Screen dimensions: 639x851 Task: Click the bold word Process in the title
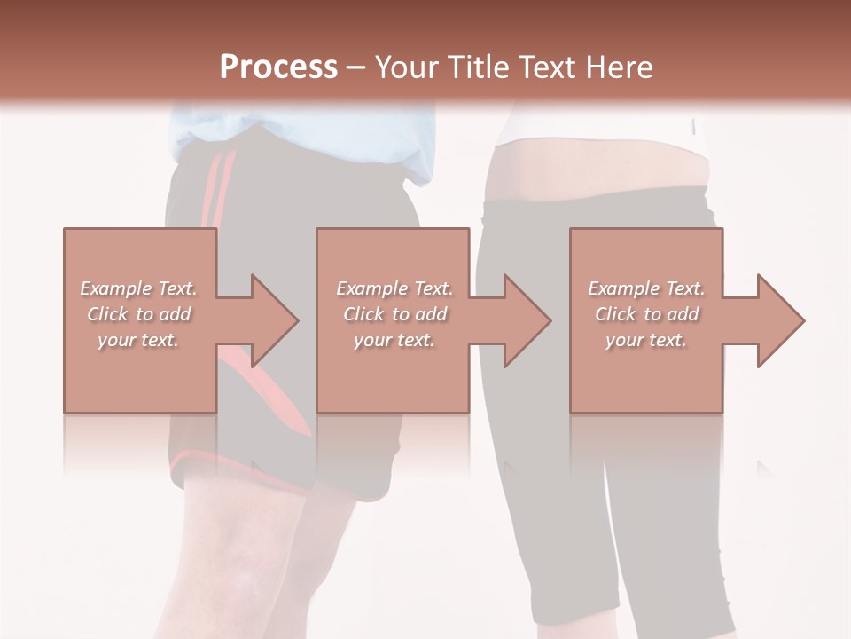278,67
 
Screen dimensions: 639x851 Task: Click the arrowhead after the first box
269,320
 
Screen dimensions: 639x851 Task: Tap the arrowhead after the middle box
523,320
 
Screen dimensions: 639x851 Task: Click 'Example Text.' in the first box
138,288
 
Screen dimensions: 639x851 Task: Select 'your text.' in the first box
138,340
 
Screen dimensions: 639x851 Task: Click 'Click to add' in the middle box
394,314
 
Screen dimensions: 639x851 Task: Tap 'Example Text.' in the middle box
394,288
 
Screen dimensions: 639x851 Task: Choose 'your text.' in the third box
646,340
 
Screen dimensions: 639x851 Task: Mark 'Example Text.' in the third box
646,288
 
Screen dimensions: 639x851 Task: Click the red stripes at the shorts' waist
218,186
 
